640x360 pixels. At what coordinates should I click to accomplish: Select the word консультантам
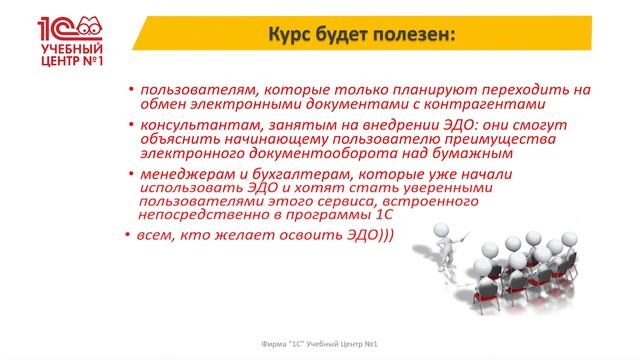pos(191,126)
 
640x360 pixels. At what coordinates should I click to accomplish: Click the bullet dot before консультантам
pos(131,126)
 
